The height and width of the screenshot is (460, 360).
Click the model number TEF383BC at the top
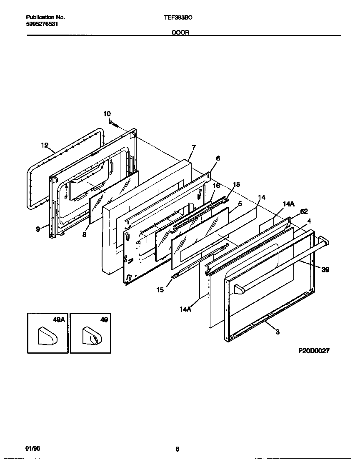178,18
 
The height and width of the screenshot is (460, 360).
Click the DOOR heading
181,32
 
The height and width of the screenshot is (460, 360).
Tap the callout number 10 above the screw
107,114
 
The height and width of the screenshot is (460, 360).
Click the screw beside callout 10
114,123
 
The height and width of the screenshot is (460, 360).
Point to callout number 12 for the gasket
45,145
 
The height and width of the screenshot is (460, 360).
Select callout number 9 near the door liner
38,229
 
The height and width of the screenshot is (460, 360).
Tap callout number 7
194,147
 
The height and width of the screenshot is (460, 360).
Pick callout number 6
218,158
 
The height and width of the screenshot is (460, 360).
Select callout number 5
240,204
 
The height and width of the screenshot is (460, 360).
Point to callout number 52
304,211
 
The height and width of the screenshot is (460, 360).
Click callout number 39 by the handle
325,270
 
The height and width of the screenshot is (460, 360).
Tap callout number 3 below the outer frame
277,332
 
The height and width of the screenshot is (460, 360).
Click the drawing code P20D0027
314,351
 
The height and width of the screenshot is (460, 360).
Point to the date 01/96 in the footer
33,448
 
